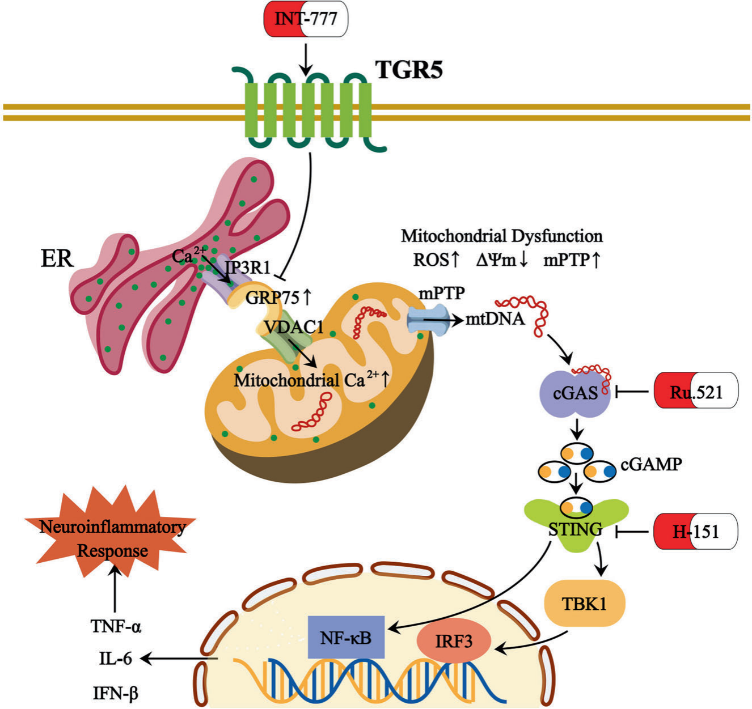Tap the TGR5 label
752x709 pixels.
[x=409, y=70]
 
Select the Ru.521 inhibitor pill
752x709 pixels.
[x=696, y=390]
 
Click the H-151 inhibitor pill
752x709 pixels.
[x=696, y=531]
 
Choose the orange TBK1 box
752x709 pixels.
[x=584, y=604]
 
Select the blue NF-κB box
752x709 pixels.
[x=345, y=636]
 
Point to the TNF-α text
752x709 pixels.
[x=116, y=626]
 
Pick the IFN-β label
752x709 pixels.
[x=116, y=692]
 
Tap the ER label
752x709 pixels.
[x=57, y=258]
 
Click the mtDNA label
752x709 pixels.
[x=495, y=319]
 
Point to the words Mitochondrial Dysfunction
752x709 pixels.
[x=501, y=235]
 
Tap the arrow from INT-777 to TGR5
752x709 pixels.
[x=306, y=59]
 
